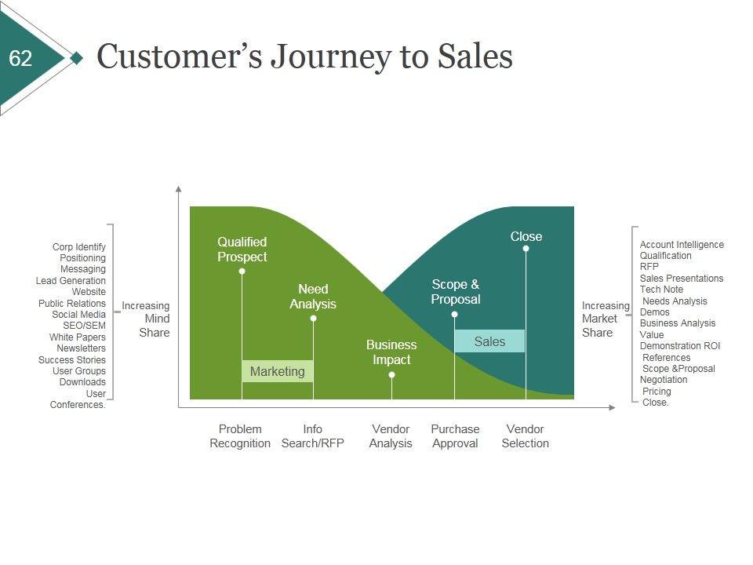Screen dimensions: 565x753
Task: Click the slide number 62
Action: [21, 59]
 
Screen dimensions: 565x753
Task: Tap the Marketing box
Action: [277, 371]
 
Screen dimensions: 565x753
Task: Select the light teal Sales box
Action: [489, 341]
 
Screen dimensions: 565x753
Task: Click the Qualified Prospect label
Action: [242, 250]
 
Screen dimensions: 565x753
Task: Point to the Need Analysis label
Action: [313, 297]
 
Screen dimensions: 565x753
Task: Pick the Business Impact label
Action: [391, 352]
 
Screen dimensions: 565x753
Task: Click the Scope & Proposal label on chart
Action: [456, 292]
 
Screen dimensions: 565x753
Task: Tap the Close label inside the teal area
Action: [526, 236]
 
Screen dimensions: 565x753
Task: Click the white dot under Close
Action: [526, 249]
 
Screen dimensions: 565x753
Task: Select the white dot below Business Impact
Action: [392, 375]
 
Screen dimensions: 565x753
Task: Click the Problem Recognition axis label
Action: [240, 436]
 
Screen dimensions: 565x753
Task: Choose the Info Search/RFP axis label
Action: [313, 436]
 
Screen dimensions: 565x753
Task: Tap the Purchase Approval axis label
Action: [455, 436]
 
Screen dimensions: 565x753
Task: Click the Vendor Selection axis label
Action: [526, 436]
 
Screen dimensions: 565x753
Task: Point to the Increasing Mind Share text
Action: [147, 319]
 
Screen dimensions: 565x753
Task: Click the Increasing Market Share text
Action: [604, 319]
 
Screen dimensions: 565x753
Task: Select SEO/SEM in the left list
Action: [84, 326]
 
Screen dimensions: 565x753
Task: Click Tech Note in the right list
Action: [661, 290]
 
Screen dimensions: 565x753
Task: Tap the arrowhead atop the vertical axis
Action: [179, 189]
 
